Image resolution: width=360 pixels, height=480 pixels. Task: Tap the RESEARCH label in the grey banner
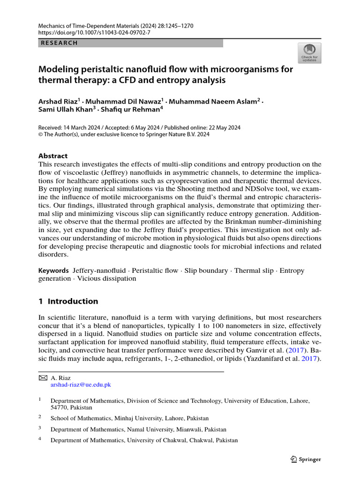pos(60,43)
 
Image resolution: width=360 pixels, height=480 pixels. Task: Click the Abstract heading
pos(52,156)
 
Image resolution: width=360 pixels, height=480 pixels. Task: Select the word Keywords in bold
pos(53,270)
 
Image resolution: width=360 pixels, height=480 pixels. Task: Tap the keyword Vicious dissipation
pos(107,278)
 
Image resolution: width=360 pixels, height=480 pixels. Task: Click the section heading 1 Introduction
pos(68,301)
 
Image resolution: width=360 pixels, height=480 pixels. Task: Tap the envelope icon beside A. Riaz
pos(42,377)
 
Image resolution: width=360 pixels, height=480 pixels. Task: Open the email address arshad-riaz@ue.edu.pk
pos(81,384)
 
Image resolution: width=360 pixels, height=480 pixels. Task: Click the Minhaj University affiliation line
pos(129,418)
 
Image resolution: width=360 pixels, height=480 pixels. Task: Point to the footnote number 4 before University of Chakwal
pos(40,440)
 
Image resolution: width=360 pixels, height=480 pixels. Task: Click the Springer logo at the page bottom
pos(306,459)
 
